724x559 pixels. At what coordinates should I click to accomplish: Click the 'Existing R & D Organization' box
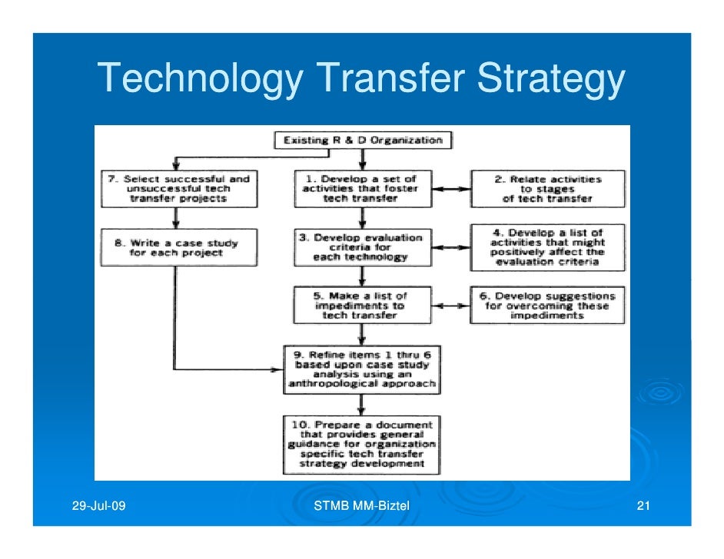click(x=363, y=141)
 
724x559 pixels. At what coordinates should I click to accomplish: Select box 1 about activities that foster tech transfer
click(x=360, y=189)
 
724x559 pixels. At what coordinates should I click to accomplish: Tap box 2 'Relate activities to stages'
click(x=548, y=189)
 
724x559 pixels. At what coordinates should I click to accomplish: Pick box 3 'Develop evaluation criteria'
click(x=360, y=247)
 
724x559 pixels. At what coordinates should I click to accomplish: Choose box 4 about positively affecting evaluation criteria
click(x=548, y=247)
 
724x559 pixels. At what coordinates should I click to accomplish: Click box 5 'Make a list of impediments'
click(x=360, y=306)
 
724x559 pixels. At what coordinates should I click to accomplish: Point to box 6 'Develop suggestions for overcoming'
click(x=548, y=306)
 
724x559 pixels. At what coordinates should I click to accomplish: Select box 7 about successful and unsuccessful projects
click(x=177, y=189)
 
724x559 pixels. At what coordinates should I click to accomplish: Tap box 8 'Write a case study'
click(x=177, y=247)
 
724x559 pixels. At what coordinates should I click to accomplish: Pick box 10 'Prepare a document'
click(x=361, y=444)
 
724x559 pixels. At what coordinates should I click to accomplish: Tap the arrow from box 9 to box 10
click(x=361, y=404)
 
